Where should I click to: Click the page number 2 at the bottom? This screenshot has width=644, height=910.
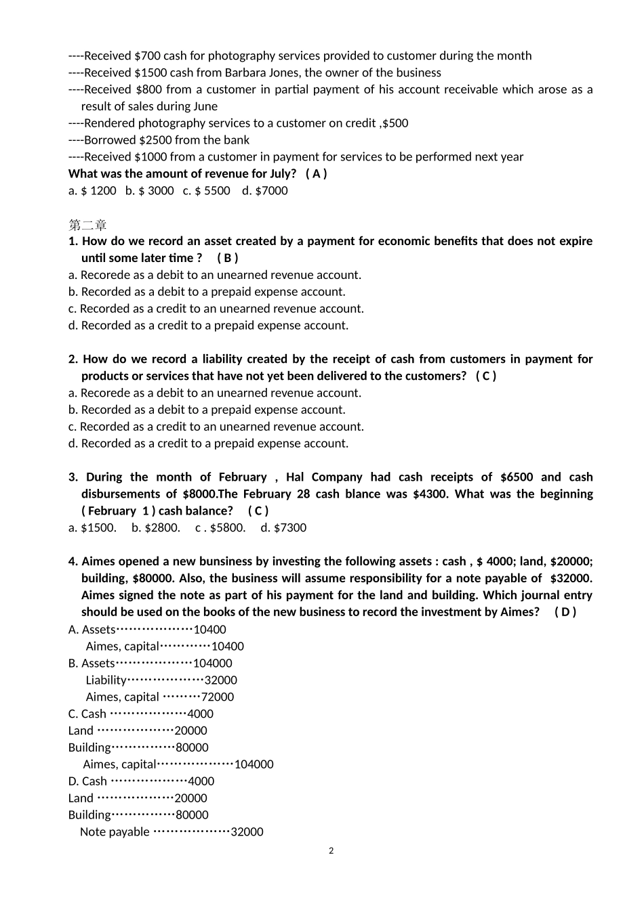(x=331, y=851)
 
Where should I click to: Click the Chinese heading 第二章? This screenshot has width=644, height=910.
(x=87, y=225)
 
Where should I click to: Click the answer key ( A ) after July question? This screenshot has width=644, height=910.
(x=316, y=174)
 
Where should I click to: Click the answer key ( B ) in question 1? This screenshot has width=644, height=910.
(x=227, y=258)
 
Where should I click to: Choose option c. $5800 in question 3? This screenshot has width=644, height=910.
(x=220, y=528)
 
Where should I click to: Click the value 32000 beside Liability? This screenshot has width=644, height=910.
(x=220, y=680)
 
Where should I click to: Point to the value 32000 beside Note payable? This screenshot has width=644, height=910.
(x=247, y=832)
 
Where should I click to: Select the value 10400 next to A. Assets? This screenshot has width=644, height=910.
(x=209, y=630)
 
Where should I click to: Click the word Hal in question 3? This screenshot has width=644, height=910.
(x=295, y=477)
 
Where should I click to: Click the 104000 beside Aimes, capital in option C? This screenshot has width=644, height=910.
(x=254, y=764)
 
